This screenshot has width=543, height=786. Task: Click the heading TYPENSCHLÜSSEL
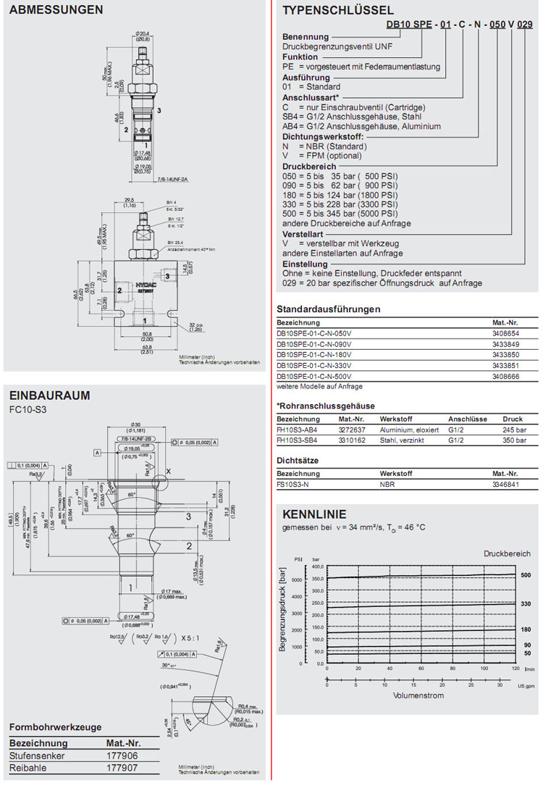(338, 10)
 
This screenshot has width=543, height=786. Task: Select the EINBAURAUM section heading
(49, 395)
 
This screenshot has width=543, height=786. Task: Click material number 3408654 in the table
(505, 331)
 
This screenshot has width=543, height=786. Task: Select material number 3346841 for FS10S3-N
(507, 484)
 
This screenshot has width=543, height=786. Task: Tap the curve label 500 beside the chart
(526, 575)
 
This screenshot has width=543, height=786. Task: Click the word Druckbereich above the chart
(507, 553)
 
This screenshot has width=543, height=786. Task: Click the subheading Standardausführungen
(329, 309)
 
